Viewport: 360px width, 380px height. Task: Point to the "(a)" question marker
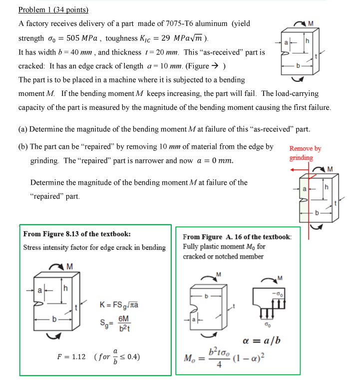[x=23, y=129]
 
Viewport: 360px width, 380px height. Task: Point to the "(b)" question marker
[x=23, y=147]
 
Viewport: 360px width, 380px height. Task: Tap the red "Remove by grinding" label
[x=305, y=153]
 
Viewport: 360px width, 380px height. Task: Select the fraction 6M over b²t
[x=124, y=323]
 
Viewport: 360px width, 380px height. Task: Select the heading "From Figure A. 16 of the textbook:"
[x=237, y=237]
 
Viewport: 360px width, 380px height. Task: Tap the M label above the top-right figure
[x=311, y=23]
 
